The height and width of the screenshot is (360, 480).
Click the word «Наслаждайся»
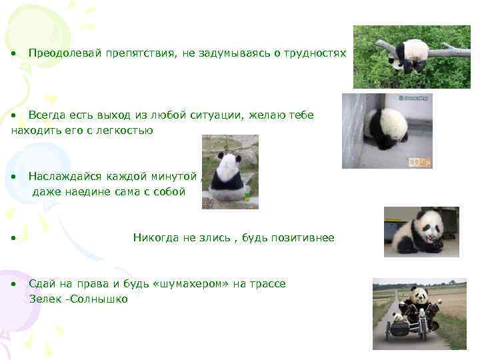pos(65,177)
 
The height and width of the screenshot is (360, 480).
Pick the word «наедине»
pos(86,192)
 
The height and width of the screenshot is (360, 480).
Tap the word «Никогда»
pos(156,238)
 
